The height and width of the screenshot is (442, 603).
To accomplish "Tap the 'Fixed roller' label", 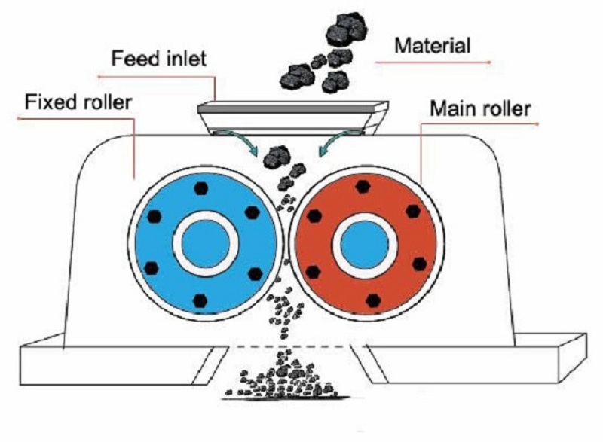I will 78,101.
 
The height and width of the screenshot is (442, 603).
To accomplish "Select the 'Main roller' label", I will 480,108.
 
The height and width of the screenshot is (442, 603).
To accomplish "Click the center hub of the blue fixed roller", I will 206,244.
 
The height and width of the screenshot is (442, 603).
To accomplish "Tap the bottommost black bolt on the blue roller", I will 200,300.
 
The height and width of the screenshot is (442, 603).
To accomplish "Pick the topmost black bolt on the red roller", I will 365,187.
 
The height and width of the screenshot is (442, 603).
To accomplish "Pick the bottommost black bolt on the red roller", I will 372,300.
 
